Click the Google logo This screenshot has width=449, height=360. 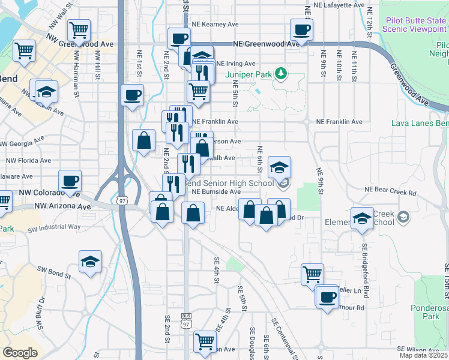[20, 353]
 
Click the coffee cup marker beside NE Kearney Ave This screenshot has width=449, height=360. [301, 28]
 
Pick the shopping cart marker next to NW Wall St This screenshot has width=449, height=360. [79, 29]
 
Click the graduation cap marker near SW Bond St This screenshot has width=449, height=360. [90, 261]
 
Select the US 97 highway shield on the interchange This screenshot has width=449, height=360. [122, 200]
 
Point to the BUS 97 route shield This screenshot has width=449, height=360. [186, 320]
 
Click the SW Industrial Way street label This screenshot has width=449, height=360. [58, 227]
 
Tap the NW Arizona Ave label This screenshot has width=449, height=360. [63, 206]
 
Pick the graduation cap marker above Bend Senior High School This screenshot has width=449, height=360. [280, 167]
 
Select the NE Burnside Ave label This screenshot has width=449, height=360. [216, 191]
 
